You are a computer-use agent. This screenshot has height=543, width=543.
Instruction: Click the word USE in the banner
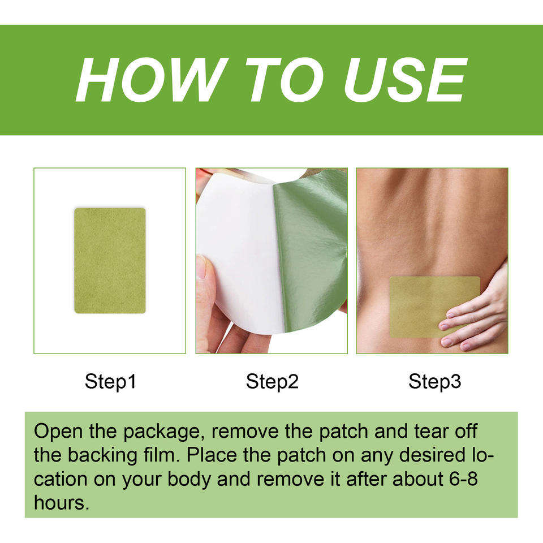coord(405,80)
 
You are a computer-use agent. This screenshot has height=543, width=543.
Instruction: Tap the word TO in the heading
coord(285,80)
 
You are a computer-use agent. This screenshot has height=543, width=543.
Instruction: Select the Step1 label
coord(110,382)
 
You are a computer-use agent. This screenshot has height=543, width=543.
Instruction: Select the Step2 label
coord(272,382)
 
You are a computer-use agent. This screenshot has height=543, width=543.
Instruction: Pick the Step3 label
coord(434,382)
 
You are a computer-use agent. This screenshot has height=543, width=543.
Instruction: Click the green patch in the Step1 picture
coord(110,260)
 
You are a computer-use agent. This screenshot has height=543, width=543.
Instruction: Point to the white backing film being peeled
coord(239,253)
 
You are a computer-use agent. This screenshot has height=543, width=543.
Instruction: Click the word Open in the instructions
coord(58,432)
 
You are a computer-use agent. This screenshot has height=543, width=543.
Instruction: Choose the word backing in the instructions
coord(102,456)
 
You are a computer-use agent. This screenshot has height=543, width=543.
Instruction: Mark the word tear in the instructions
coord(431,432)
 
